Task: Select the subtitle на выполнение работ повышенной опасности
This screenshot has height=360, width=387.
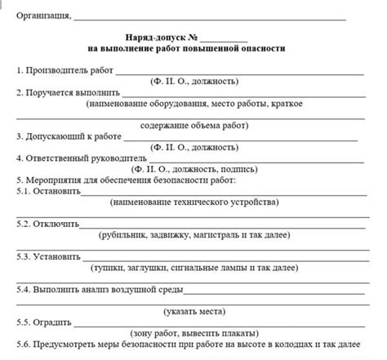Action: (x=193, y=49)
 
